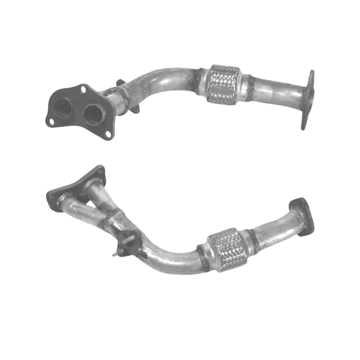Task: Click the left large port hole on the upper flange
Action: (x=63, y=107)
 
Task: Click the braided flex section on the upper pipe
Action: (x=222, y=84)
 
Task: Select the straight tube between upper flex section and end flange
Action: (x=276, y=91)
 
